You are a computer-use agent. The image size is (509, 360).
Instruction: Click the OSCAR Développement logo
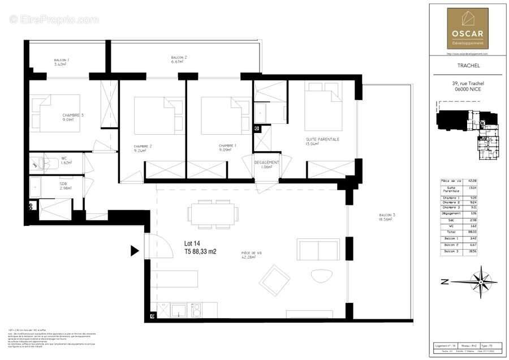tap(468, 28)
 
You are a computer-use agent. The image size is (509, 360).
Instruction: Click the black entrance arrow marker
tap(135, 250)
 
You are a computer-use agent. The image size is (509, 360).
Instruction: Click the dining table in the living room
tap(212, 213)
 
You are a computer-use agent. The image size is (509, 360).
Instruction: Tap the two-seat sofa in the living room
tap(318, 249)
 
